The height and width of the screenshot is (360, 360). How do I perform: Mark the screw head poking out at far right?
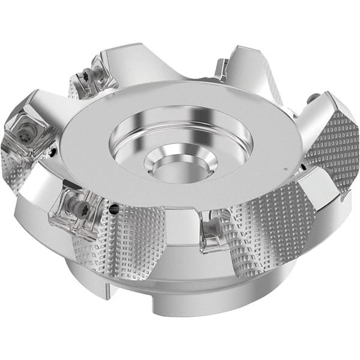tap(313, 97)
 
